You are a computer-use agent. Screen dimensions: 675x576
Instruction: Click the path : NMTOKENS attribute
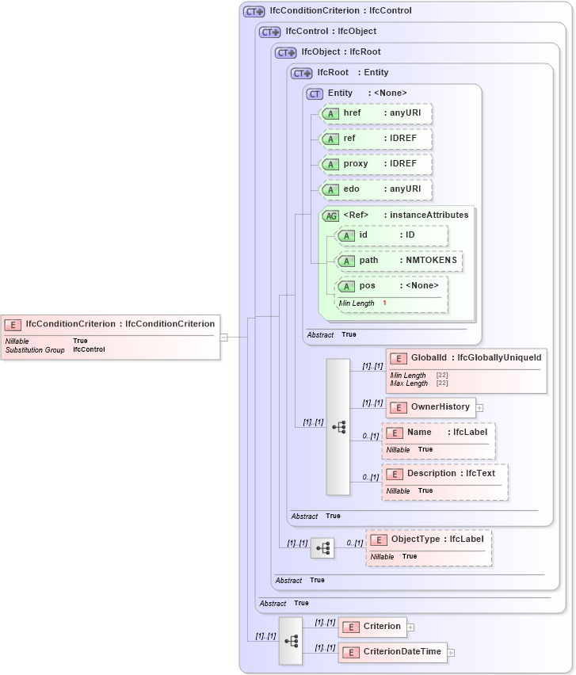click(399, 261)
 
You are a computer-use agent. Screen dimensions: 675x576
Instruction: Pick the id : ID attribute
click(391, 235)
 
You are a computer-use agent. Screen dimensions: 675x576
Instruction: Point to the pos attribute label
click(367, 286)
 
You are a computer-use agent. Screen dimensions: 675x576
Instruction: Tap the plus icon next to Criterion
click(410, 627)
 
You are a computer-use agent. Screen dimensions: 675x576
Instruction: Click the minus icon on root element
click(224, 337)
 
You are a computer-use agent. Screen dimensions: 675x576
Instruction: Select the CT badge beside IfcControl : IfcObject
click(270, 32)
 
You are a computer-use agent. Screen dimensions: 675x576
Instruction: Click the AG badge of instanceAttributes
click(330, 215)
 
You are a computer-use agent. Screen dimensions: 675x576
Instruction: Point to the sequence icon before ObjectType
click(322, 548)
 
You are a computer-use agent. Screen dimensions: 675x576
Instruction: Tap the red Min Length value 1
click(384, 303)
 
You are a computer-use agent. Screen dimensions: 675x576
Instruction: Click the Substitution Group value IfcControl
click(89, 349)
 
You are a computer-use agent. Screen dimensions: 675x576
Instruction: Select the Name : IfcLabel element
click(438, 433)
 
